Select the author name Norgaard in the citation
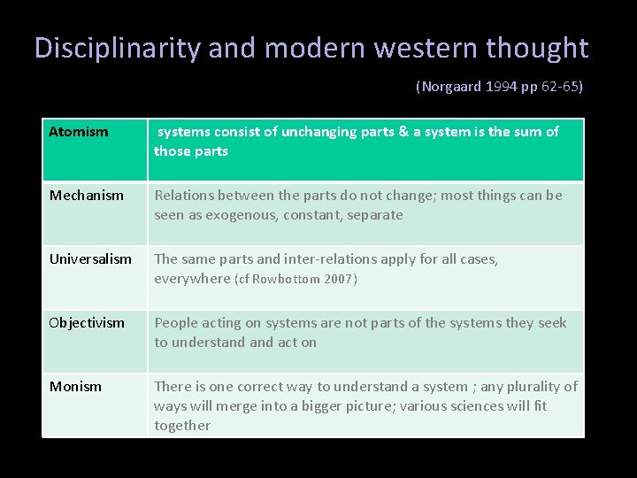[x=450, y=88]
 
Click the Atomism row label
[x=79, y=132]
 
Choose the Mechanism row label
[x=87, y=196]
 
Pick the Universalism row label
[x=90, y=259]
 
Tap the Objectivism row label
[x=87, y=323]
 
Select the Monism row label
[x=75, y=387]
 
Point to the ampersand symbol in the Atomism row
[x=403, y=132]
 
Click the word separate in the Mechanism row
[x=375, y=215]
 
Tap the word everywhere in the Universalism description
[x=192, y=279]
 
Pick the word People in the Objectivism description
[x=176, y=323]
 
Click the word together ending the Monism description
[x=182, y=426]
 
